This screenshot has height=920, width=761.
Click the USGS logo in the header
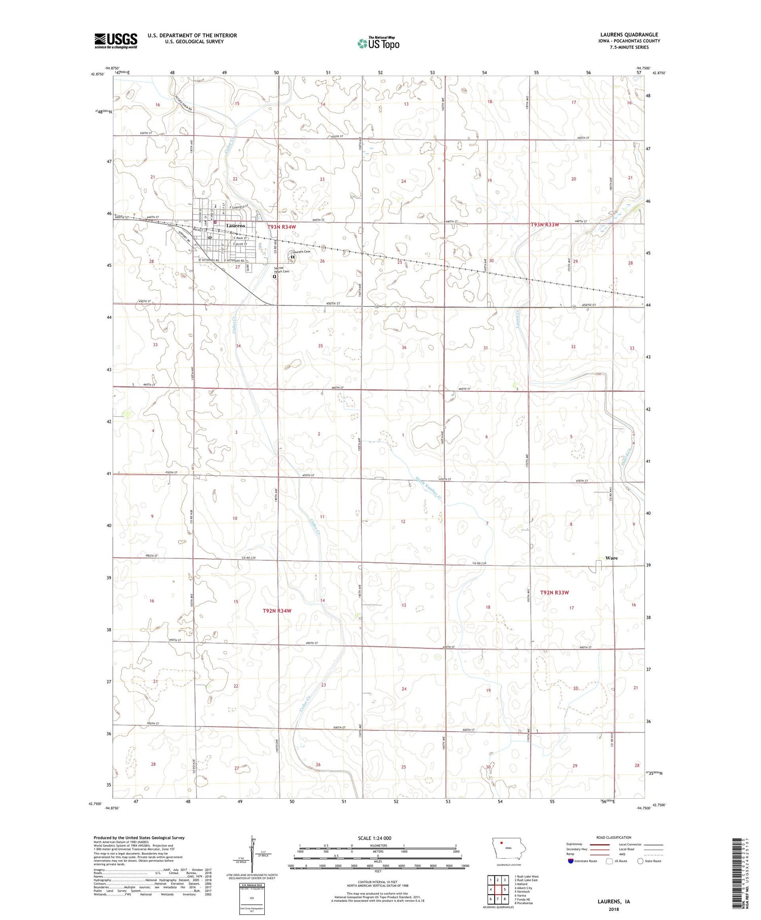[116, 41]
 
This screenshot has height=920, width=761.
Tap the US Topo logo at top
[378, 44]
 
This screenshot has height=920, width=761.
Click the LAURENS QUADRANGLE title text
[629, 35]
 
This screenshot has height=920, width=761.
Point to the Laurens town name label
[235, 226]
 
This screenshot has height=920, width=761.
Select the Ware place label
[611, 558]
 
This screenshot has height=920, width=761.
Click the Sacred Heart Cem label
[282, 269]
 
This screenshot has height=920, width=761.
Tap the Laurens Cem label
[300, 252]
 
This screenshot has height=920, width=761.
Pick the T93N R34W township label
[282, 227]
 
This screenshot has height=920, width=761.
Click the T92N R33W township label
[555, 592]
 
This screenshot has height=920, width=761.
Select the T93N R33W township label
[545, 224]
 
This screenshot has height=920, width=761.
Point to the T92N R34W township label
[277, 610]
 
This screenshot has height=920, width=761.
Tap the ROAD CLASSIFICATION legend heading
[613, 837]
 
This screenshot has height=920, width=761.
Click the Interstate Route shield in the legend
[571, 861]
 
